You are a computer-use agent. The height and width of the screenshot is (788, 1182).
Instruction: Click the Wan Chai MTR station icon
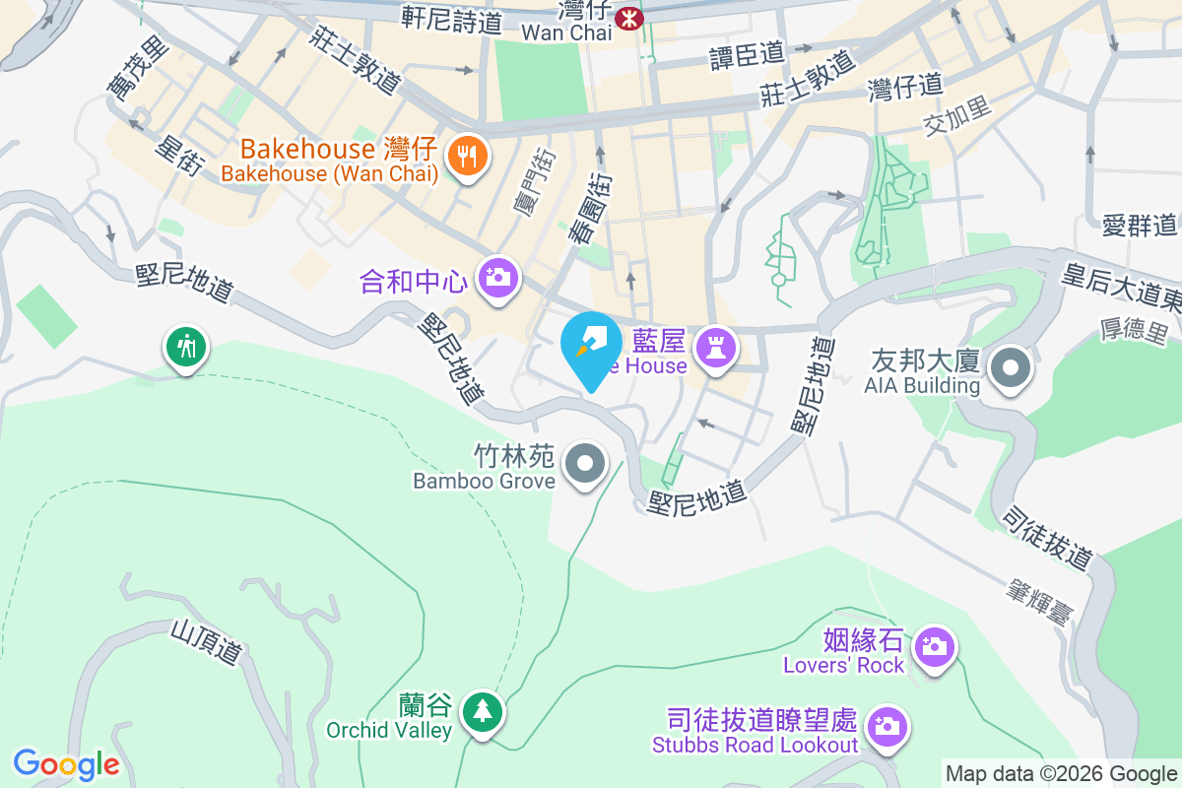(x=627, y=17)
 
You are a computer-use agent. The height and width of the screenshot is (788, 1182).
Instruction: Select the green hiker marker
(x=185, y=347)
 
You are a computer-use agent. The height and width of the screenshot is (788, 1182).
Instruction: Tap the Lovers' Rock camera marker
(x=931, y=647)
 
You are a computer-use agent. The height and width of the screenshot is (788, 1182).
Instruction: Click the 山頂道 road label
(x=206, y=641)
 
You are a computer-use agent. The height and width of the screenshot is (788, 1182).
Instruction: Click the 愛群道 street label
(x=1140, y=226)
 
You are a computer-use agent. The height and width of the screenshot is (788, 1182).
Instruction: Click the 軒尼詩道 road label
(x=452, y=19)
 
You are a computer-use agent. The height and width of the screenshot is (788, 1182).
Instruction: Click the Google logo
(x=66, y=764)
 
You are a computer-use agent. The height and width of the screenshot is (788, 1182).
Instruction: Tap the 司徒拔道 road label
(x=1046, y=538)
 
